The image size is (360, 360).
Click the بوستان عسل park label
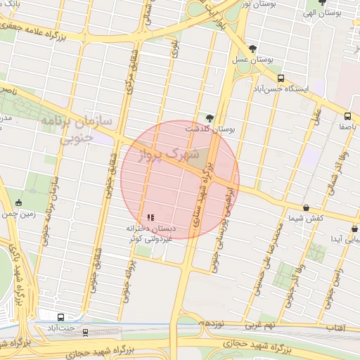252,60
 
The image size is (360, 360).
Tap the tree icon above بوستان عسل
252,49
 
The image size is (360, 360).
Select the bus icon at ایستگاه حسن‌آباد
281,79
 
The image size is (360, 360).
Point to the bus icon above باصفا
347,117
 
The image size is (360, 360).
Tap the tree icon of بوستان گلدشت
209,117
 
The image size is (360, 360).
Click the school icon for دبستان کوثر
150,217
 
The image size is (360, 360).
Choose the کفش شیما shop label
307,218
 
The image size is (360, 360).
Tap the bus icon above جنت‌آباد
61,317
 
